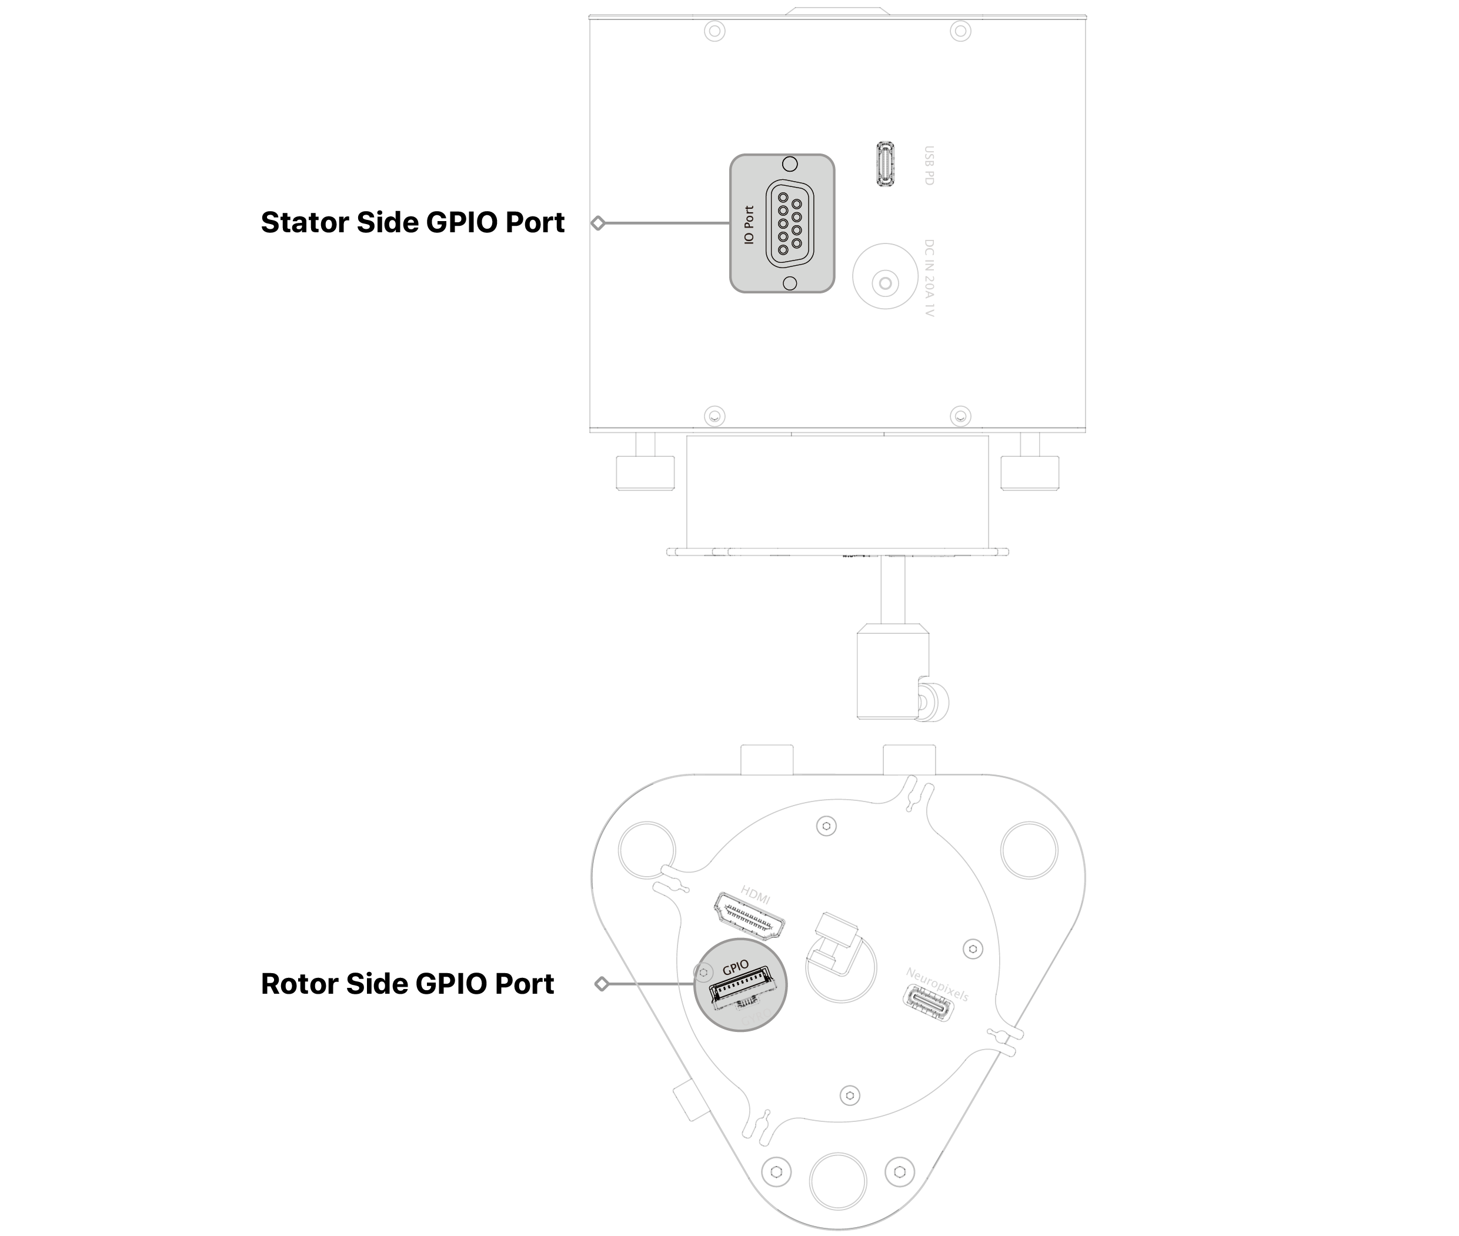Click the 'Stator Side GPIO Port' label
pyautogui.click(x=412, y=223)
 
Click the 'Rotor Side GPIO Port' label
pyautogui.click(x=407, y=984)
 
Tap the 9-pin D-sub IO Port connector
pyautogui.click(x=789, y=224)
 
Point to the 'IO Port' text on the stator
pyautogui.click(x=749, y=224)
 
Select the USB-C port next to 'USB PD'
pyautogui.click(x=885, y=164)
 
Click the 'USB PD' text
pyautogui.click(x=929, y=165)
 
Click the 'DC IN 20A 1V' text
pyautogui.click(x=929, y=278)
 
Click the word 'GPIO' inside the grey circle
pyautogui.click(x=735, y=968)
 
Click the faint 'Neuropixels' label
pyautogui.click(x=936, y=984)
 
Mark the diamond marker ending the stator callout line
pyautogui.click(x=597, y=223)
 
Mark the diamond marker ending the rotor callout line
pyautogui.click(x=601, y=984)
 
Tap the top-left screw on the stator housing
pyautogui.click(x=714, y=31)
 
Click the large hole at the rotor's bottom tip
pyautogui.click(x=837, y=1181)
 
